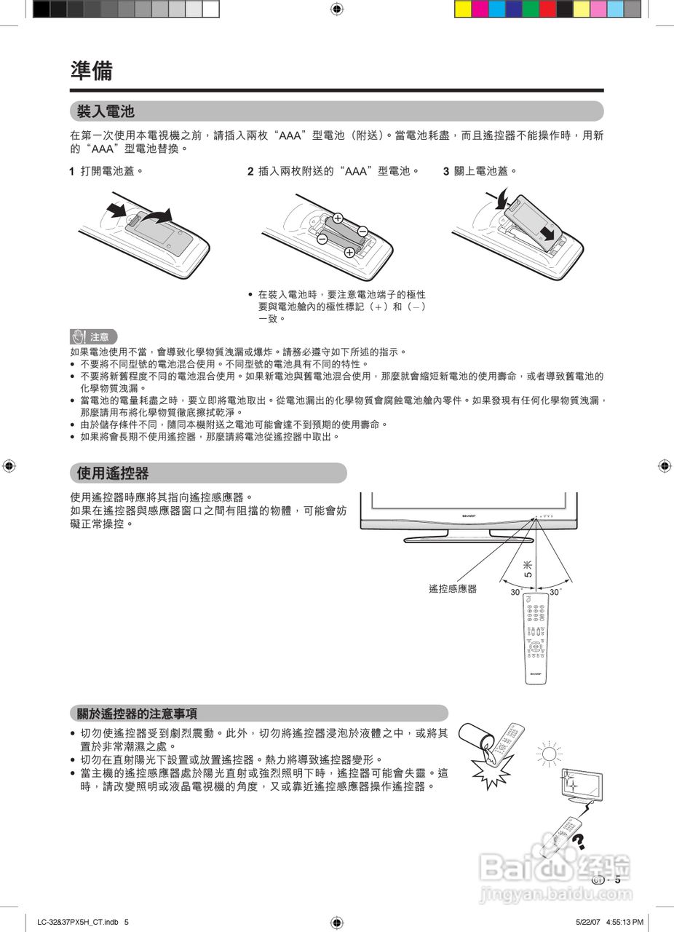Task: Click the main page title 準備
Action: [92, 71]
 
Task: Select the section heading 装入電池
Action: [106, 111]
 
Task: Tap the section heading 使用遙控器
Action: [113, 473]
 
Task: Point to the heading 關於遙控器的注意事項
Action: [138, 714]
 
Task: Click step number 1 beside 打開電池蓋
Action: [71, 172]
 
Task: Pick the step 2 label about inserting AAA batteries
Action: [333, 172]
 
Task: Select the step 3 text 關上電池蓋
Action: [480, 172]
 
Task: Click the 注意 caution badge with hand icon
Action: [93, 336]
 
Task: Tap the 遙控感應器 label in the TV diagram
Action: [453, 589]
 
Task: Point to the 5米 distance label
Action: [528, 569]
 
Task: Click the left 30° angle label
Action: [516, 593]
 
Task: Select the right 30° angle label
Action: [555, 593]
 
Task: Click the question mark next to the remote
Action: [579, 841]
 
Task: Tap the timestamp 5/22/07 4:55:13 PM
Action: [609, 923]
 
